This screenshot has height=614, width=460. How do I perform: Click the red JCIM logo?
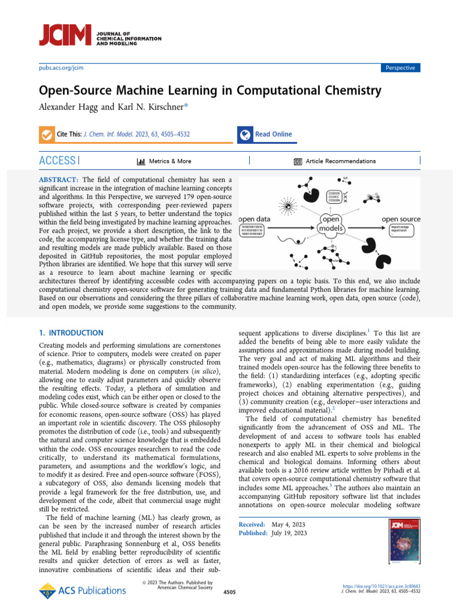point(65,36)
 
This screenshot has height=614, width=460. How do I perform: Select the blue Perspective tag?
point(401,68)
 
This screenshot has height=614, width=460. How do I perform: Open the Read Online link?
point(273,134)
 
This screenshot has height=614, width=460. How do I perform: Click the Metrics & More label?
point(170,161)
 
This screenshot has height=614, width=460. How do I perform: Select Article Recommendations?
point(340,161)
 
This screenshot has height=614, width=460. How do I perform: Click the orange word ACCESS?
point(57,161)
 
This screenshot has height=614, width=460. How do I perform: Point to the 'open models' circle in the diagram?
point(331,224)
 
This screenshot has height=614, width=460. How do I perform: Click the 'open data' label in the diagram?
point(255,219)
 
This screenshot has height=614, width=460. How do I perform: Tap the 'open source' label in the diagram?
point(401,219)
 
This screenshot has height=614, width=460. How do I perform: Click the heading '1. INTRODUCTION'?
point(71,333)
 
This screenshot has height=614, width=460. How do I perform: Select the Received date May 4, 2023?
point(289,525)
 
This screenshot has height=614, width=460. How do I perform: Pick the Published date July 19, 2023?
point(289,533)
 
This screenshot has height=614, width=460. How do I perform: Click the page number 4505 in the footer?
point(229,592)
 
